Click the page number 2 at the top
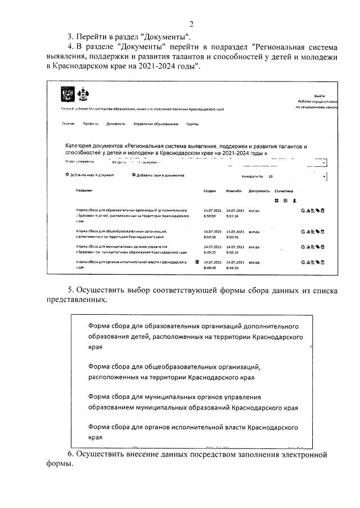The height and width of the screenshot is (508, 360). click(191, 24)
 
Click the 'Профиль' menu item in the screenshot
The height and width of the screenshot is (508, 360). click(91, 124)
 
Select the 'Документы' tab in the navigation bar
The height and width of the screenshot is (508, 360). click(116, 124)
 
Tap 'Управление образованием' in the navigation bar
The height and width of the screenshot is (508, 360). click(156, 124)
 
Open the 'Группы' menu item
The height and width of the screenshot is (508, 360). click(192, 124)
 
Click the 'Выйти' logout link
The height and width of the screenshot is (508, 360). click(319, 96)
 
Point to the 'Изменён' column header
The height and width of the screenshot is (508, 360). click(233, 191)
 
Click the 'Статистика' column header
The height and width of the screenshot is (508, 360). click(283, 191)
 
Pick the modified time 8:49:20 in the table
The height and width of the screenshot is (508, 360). click(233, 268)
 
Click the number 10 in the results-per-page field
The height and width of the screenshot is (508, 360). click(271, 176)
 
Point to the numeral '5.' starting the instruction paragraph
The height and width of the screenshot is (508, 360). click(71, 289)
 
